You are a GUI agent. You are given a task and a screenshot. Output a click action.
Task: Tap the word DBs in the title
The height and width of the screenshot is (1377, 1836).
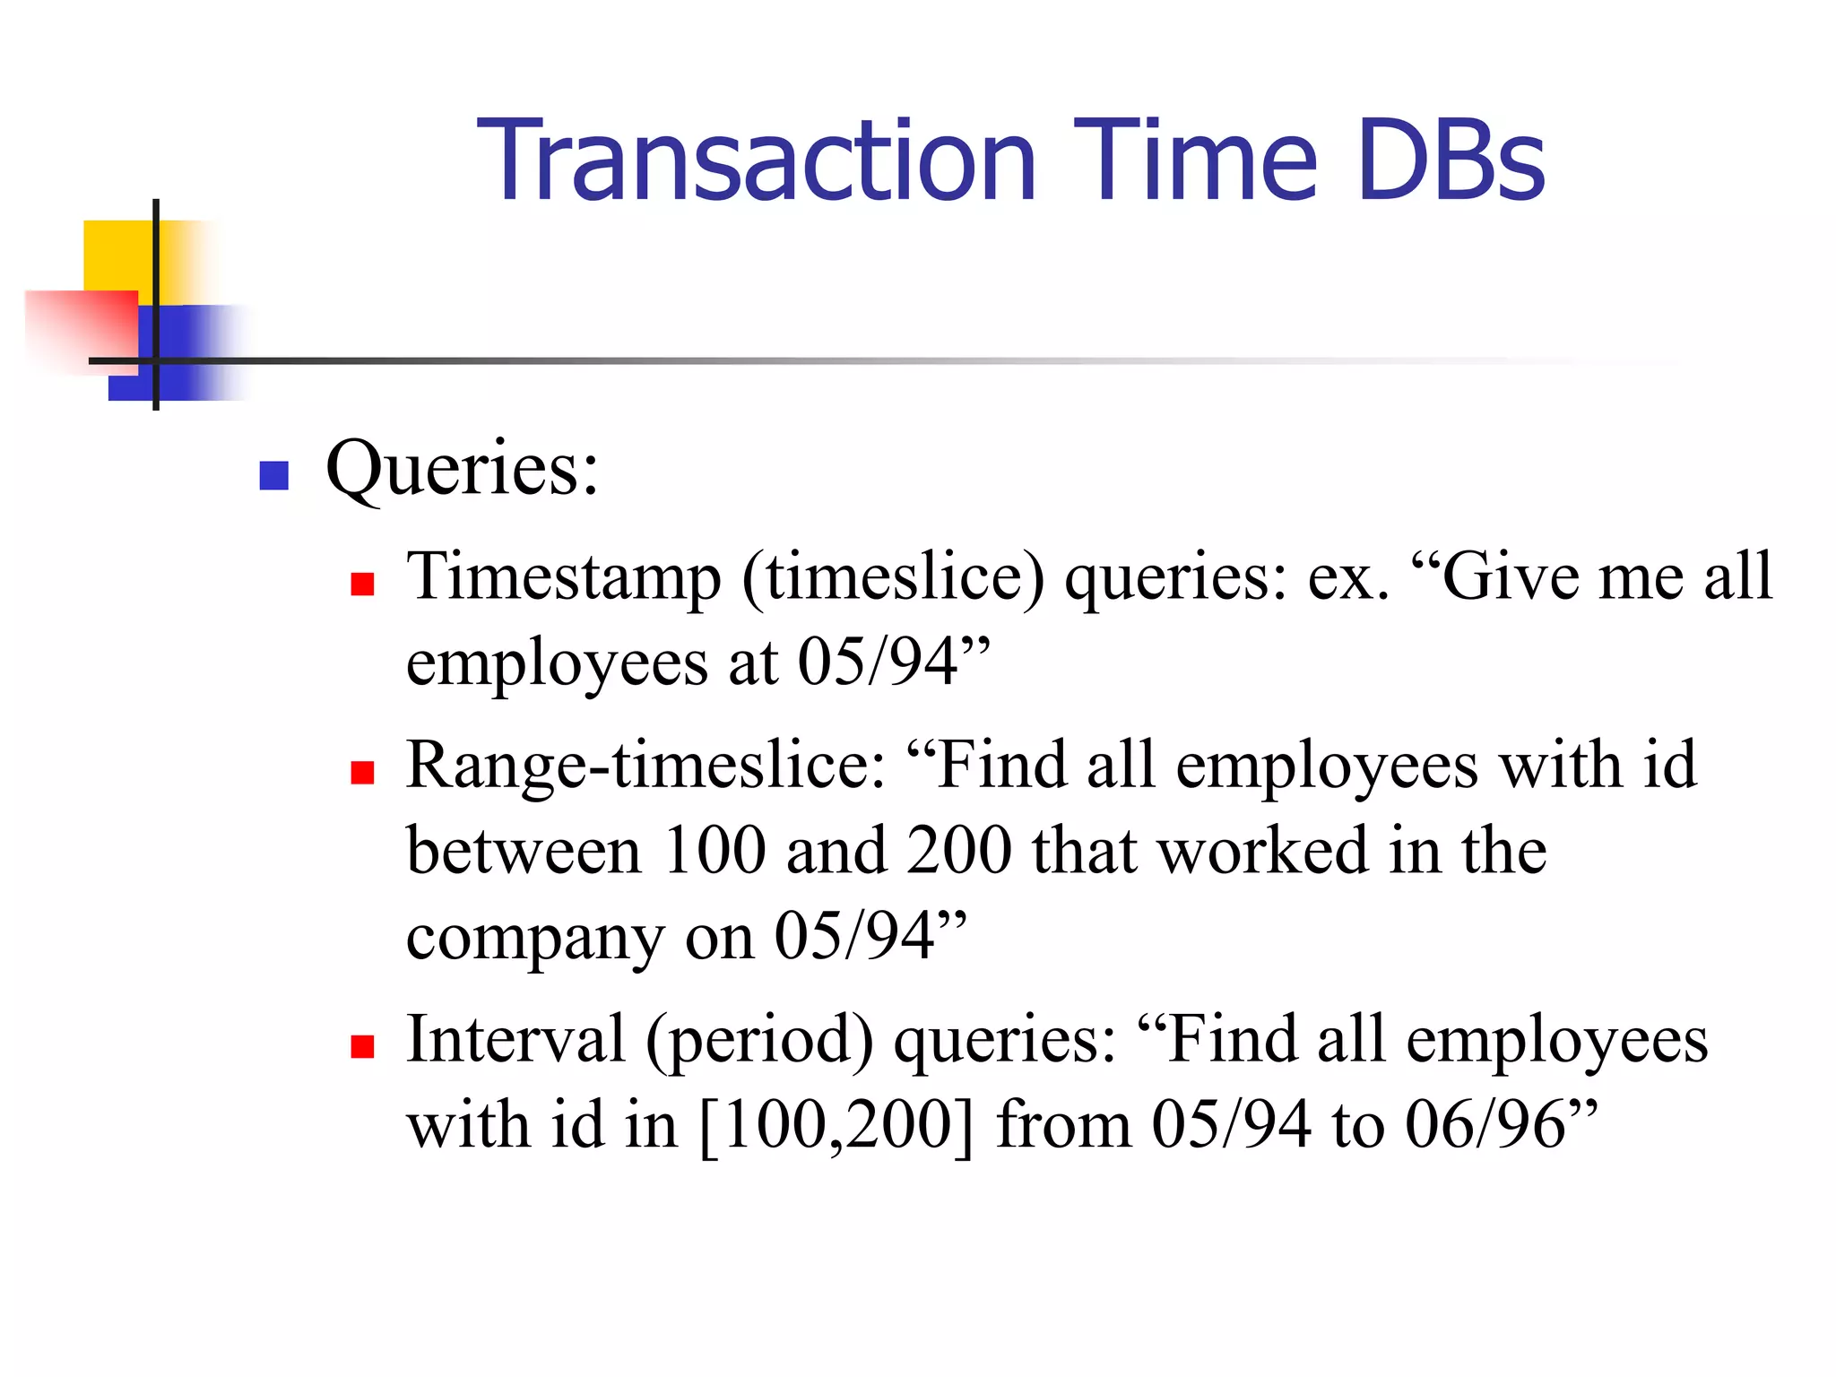click(1451, 161)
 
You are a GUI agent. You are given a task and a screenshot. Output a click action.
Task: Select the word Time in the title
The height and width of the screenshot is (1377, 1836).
click(1196, 161)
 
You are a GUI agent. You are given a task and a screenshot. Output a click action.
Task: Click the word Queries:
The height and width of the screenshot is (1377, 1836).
click(462, 471)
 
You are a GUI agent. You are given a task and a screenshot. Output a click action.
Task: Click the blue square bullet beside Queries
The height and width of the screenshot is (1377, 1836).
click(273, 475)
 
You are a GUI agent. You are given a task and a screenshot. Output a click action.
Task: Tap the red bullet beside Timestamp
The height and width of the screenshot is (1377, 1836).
click(362, 585)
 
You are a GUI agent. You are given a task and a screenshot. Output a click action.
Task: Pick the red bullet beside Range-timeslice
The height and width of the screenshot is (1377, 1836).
click(362, 773)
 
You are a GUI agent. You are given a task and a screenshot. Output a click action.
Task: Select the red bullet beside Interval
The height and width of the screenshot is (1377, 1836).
click(362, 1046)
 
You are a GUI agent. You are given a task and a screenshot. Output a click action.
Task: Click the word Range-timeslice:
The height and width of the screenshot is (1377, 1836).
click(645, 766)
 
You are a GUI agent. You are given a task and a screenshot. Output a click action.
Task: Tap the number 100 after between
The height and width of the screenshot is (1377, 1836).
click(714, 852)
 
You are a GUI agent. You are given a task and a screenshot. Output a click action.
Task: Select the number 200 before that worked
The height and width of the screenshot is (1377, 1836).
click(958, 852)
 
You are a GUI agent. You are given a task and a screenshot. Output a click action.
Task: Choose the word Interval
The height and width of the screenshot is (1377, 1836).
click(515, 1040)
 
